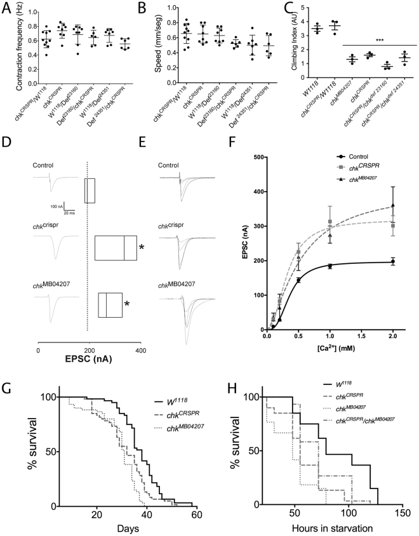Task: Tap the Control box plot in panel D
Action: click(90, 190)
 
